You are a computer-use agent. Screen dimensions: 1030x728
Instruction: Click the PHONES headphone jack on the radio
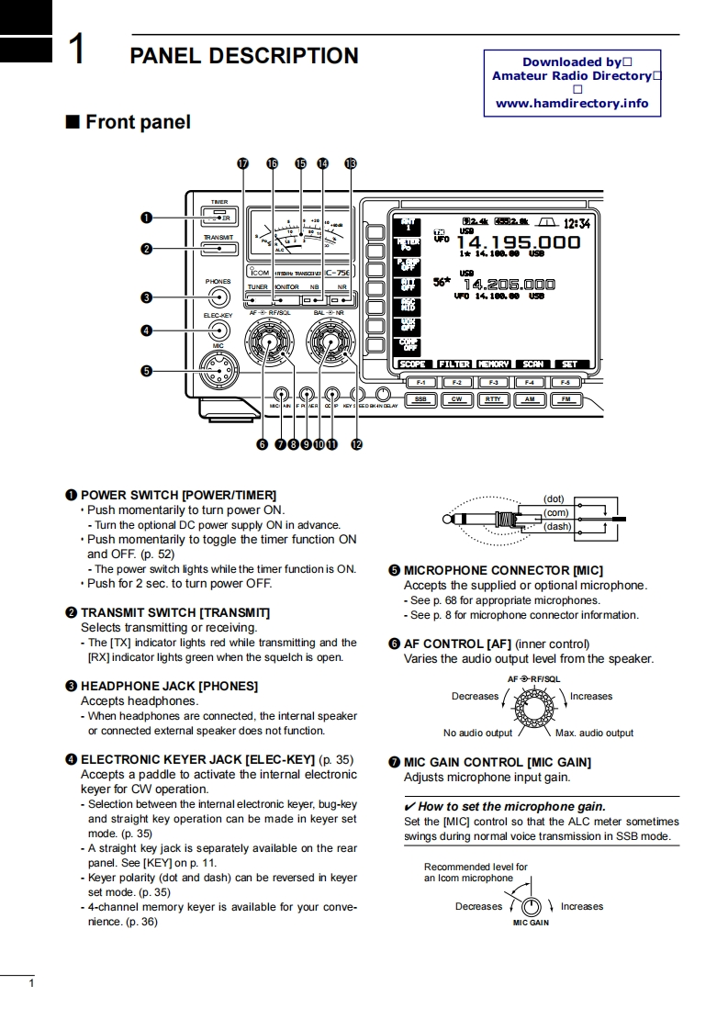pos(218,297)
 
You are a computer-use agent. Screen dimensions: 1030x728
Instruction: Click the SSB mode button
pos(420,399)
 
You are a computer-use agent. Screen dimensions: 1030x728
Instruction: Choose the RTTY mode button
pos(493,399)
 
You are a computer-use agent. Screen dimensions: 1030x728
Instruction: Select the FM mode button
pos(566,399)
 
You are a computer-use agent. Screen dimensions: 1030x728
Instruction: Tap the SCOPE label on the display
pos(413,364)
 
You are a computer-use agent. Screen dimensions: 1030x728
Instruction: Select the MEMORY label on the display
pos(493,364)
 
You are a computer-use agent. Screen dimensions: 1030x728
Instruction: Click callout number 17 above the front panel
pos(242,162)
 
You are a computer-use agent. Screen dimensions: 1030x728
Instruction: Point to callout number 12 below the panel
pos(356,444)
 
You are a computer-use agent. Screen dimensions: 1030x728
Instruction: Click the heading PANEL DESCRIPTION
pos(244,56)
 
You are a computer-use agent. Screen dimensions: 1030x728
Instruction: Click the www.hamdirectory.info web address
pos(572,104)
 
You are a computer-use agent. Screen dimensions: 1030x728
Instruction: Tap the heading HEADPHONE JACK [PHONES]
pos(169,686)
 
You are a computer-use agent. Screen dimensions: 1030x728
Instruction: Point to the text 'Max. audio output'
pos(594,733)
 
